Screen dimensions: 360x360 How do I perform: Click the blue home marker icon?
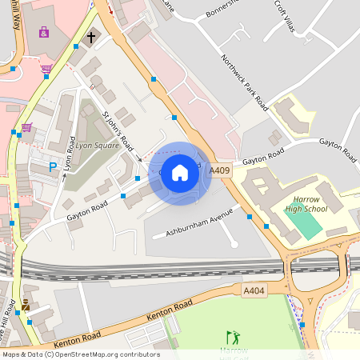pyautogui.click(x=180, y=173)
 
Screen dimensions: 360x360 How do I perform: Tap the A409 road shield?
pyautogui.click(x=220, y=171)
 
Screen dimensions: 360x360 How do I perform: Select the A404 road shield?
pyautogui.click(x=254, y=291)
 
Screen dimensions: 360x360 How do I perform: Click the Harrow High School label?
pyautogui.click(x=306, y=204)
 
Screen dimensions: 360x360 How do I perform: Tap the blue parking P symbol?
pyautogui.click(x=53, y=167)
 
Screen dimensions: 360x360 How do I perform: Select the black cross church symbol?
pyautogui.click(x=90, y=37)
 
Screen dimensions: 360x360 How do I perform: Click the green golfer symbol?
pyautogui.click(x=233, y=337)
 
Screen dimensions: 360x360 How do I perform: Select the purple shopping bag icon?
pyautogui.click(x=43, y=31)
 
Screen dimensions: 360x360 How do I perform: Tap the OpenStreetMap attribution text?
pyautogui.click(x=80, y=354)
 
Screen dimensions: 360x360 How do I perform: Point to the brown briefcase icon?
pyautogui.click(x=26, y=305)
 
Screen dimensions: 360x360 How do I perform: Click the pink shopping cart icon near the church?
pyautogui.click(x=46, y=69)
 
